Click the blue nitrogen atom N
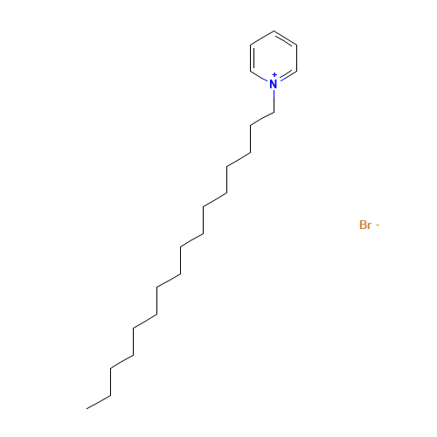pyautogui.click(x=273, y=84)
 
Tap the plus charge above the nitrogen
pyautogui.click(x=278, y=75)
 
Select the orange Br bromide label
pyautogui.click(x=365, y=225)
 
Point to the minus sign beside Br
pyautogui.click(x=377, y=225)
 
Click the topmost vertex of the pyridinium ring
pyautogui.click(x=274, y=31)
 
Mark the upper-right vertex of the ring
pyautogui.click(x=296, y=45)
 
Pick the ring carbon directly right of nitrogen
pyautogui.click(x=296, y=71)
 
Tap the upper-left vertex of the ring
pyautogui.click(x=251, y=45)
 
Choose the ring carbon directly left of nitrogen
pyautogui.click(x=251, y=71)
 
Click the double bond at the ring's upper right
pyautogui.click(x=285, y=38)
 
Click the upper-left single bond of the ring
pyautogui.click(x=262, y=38)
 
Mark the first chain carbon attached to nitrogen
pyautogui.click(x=274, y=111)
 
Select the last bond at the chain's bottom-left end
pyautogui.click(x=99, y=399)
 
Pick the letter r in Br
pyautogui.click(x=370, y=226)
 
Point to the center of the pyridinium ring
pyautogui.click(x=274, y=58)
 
